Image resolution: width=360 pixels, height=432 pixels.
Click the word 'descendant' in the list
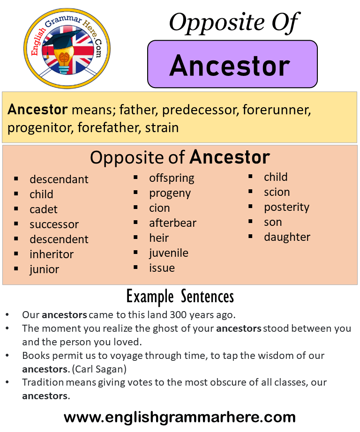click(59, 179)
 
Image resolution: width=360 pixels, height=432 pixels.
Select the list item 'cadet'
click(44, 209)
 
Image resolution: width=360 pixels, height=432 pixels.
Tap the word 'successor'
click(54, 224)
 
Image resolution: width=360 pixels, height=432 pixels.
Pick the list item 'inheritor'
click(52, 254)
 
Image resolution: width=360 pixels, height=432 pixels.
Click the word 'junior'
click(45, 269)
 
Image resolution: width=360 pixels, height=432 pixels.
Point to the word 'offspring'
click(172, 179)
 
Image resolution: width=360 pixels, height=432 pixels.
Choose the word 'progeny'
click(170, 194)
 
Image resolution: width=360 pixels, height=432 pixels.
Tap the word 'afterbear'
click(173, 223)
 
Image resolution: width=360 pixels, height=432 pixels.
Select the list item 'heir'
click(159, 238)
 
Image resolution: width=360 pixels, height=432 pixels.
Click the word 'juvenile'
click(169, 253)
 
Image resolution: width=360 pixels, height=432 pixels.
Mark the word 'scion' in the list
click(277, 192)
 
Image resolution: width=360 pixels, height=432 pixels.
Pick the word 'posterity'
click(287, 208)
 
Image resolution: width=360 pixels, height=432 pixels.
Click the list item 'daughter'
click(287, 237)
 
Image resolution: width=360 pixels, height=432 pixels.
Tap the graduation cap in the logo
click(63, 38)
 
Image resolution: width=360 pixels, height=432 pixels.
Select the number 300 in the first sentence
click(178, 315)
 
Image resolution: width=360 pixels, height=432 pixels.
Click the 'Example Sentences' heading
click(180, 297)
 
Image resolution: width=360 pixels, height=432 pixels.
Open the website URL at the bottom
click(180, 417)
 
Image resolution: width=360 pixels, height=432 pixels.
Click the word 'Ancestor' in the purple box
click(230, 66)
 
